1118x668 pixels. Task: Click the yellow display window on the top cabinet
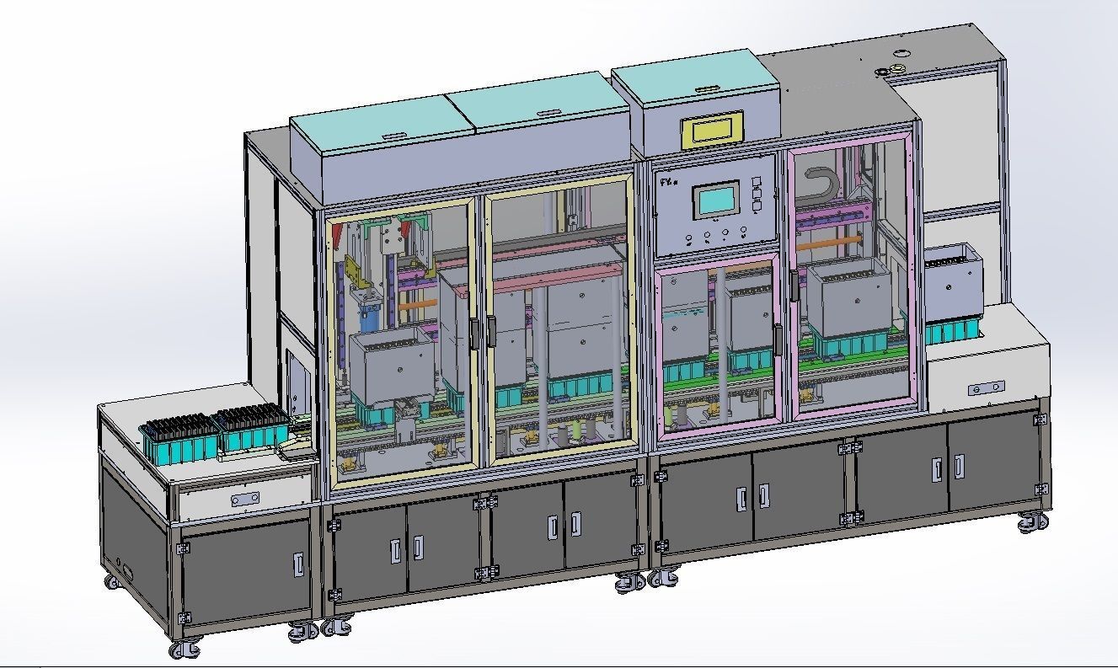click(x=714, y=130)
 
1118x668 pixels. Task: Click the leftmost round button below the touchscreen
click(x=688, y=238)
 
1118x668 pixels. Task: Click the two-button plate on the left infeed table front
click(x=245, y=500)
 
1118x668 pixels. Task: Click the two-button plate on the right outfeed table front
click(x=986, y=388)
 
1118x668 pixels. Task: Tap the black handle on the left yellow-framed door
click(x=476, y=333)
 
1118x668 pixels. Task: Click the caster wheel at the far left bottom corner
click(x=185, y=649)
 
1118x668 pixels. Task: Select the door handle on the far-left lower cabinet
click(x=298, y=564)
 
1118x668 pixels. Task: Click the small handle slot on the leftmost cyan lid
click(x=393, y=133)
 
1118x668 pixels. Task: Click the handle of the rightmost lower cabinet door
click(x=959, y=469)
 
